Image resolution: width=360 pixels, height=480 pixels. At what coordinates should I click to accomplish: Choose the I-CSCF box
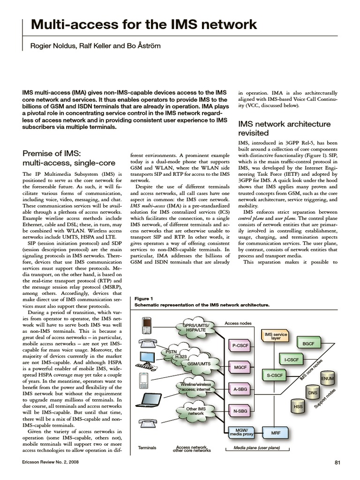[x=292, y=360]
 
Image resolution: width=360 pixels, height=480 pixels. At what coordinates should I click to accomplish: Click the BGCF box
[x=308, y=344]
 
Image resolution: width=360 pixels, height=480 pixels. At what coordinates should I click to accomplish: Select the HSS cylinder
[x=298, y=406]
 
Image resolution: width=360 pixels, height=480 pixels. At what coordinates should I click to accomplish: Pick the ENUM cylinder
[x=327, y=378]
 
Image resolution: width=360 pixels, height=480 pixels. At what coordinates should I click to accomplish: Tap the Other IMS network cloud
[x=196, y=411]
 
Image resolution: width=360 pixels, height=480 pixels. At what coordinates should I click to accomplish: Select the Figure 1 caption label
[x=143, y=298]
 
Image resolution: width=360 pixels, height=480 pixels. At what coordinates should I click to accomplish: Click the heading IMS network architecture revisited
[x=284, y=128]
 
